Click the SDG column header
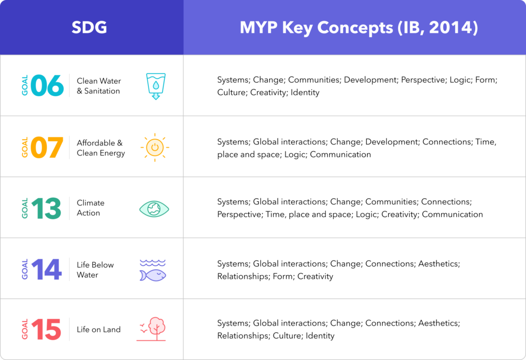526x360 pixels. tap(89, 27)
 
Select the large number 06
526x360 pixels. tap(47, 86)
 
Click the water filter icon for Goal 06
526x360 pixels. tap(156, 86)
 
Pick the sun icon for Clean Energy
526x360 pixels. tap(155, 147)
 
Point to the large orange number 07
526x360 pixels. tap(47, 147)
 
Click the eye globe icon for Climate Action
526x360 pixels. tap(154, 209)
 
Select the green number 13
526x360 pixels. tap(46, 209)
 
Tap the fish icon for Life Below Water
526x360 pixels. tap(153, 270)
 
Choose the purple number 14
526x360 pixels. tap(47, 269)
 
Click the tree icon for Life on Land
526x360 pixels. tap(152, 329)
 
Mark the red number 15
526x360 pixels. tap(46, 330)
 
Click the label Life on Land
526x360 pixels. tap(99, 330)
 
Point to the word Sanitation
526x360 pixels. tap(102, 91)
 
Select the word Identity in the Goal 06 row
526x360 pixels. tap(305, 92)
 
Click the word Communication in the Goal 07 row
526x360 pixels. tap(341, 155)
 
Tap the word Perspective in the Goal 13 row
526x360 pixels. tap(240, 214)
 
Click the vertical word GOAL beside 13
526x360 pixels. tap(25, 209)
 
